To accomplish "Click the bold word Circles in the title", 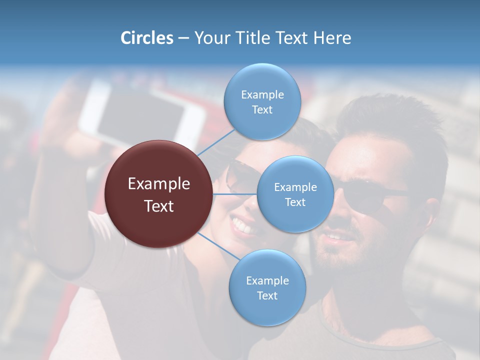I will [x=146, y=38].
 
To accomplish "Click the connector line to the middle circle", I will [x=235, y=194].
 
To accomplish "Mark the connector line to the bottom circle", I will [x=218, y=245].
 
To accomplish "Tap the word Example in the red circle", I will [x=159, y=184].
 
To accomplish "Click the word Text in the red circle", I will [x=159, y=206].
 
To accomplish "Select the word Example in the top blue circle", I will [x=262, y=94].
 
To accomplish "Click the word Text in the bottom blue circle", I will [x=267, y=295].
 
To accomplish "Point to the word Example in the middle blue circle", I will [x=295, y=187].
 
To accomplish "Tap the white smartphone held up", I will [x=142, y=115].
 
